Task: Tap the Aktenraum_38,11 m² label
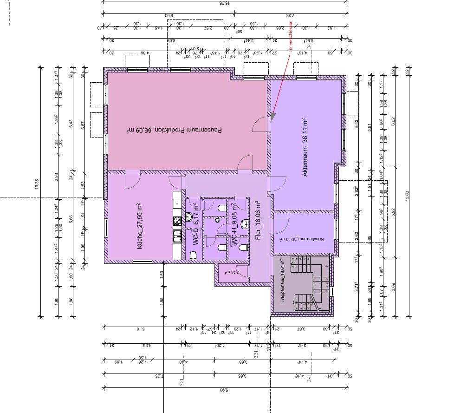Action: (x=305, y=148)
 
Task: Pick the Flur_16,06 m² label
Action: (x=258, y=222)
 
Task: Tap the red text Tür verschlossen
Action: (x=291, y=38)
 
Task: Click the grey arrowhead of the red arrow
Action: (x=272, y=116)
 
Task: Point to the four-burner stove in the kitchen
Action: (x=176, y=221)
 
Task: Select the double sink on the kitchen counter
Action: (x=176, y=236)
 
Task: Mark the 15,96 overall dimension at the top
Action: (x=224, y=3)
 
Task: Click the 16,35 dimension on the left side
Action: (x=37, y=185)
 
